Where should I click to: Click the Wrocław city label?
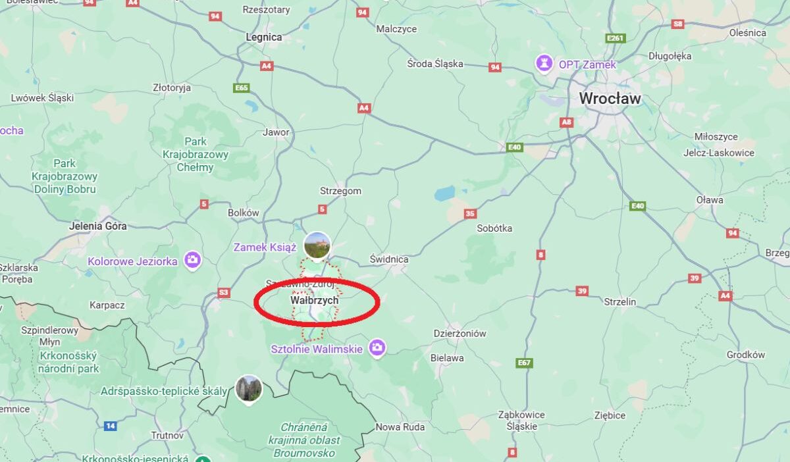click(610, 99)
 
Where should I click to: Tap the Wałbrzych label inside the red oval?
click(314, 300)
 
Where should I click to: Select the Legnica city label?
click(263, 38)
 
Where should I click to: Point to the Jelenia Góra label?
click(97, 226)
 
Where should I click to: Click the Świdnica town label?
click(388, 259)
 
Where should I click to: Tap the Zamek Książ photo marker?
click(317, 244)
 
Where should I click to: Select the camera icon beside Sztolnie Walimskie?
click(377, 347)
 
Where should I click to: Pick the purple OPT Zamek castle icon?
click(544, 63)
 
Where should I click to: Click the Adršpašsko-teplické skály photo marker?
click(249, 388)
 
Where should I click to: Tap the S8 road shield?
click(678, 24)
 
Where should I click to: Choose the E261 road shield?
click(615, 38)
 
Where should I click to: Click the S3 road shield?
click(224, 292)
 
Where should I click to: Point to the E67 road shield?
click(524, 363)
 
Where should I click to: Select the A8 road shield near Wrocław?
click(566, 122)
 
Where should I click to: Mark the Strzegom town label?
click(340, 191)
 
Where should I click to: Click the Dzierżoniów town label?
click(460, 333)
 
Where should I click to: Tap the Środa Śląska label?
click(434, 64)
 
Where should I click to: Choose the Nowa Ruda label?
click(400, 427)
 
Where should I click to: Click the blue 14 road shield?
click(110, 426)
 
